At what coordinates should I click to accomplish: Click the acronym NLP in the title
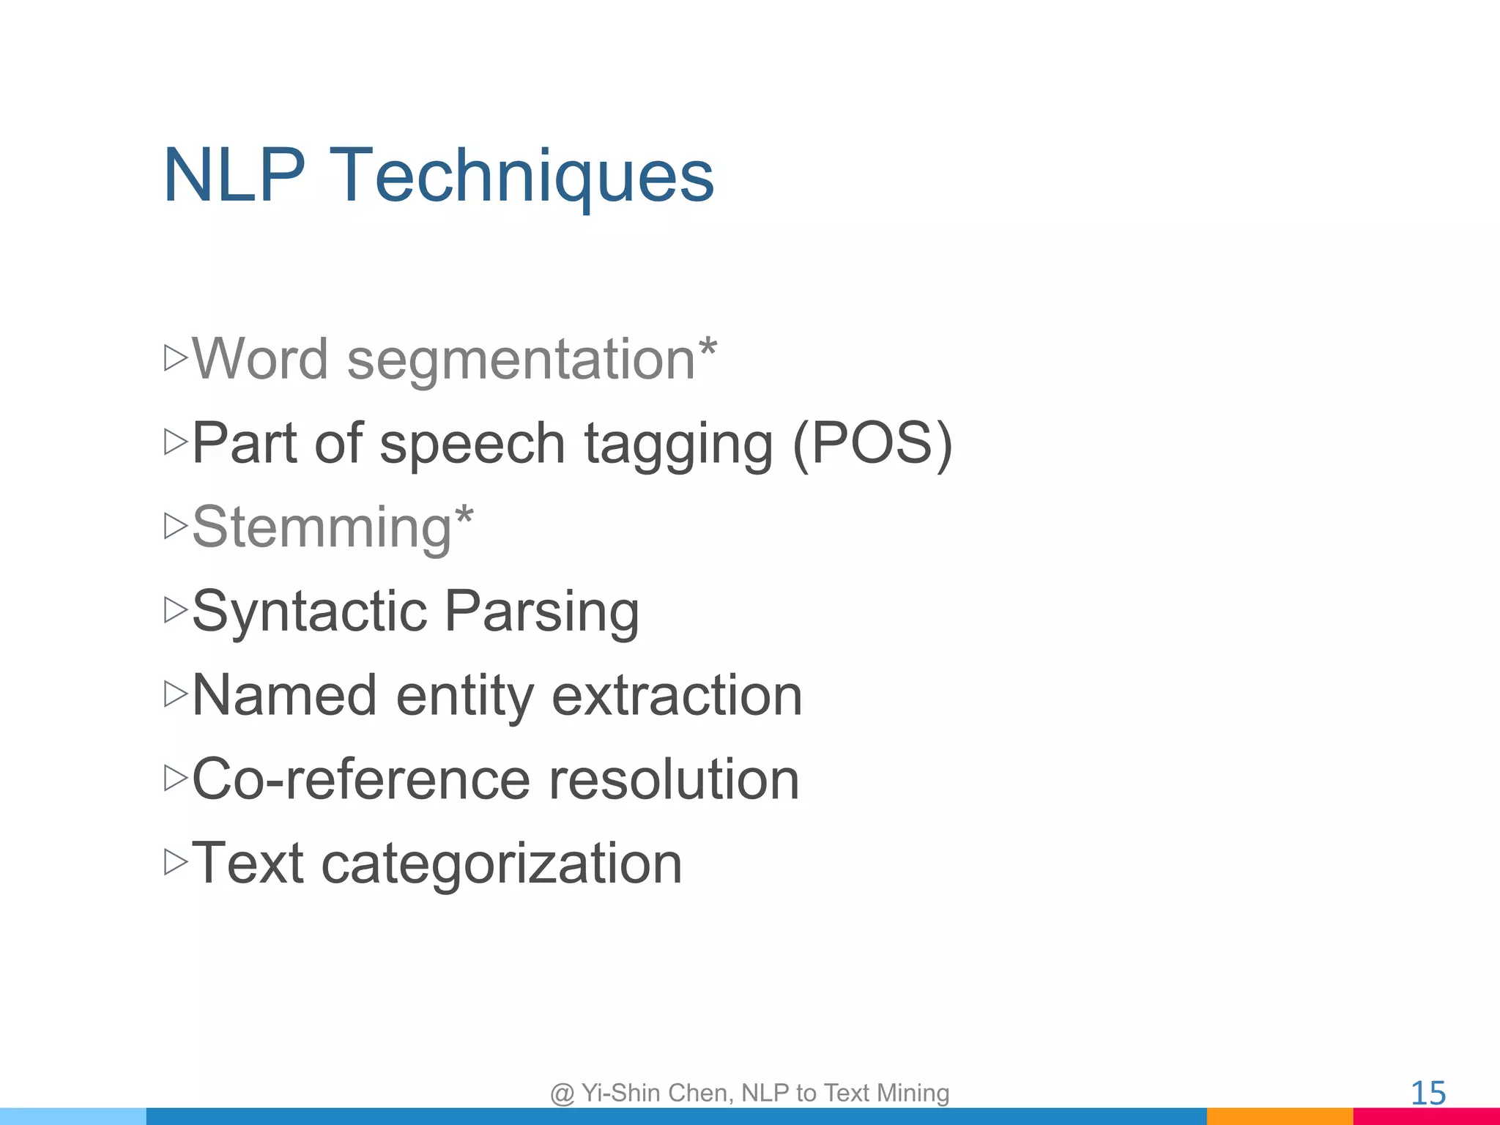tap(234, 176)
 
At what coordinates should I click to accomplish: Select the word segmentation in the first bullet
tap(521, 361)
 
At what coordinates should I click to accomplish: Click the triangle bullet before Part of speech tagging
tap(176, 442)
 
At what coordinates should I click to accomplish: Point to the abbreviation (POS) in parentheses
tap(872, 444)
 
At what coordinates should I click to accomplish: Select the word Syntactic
tap(309, 612)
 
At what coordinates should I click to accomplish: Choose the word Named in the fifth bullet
tap(285, 695)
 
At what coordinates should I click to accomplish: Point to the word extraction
tap(677, 696)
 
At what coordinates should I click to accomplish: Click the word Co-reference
tap(361, 779)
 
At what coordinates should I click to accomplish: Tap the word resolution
tap(674, 779)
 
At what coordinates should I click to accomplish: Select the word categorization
tap(502, 864)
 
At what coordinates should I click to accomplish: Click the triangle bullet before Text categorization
tap(176, 862)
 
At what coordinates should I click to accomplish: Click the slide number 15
tap(1427, 1094)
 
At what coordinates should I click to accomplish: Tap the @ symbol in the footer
tap(562, 1094)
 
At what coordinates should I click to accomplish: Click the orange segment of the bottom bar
tap(1280, 1116)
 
